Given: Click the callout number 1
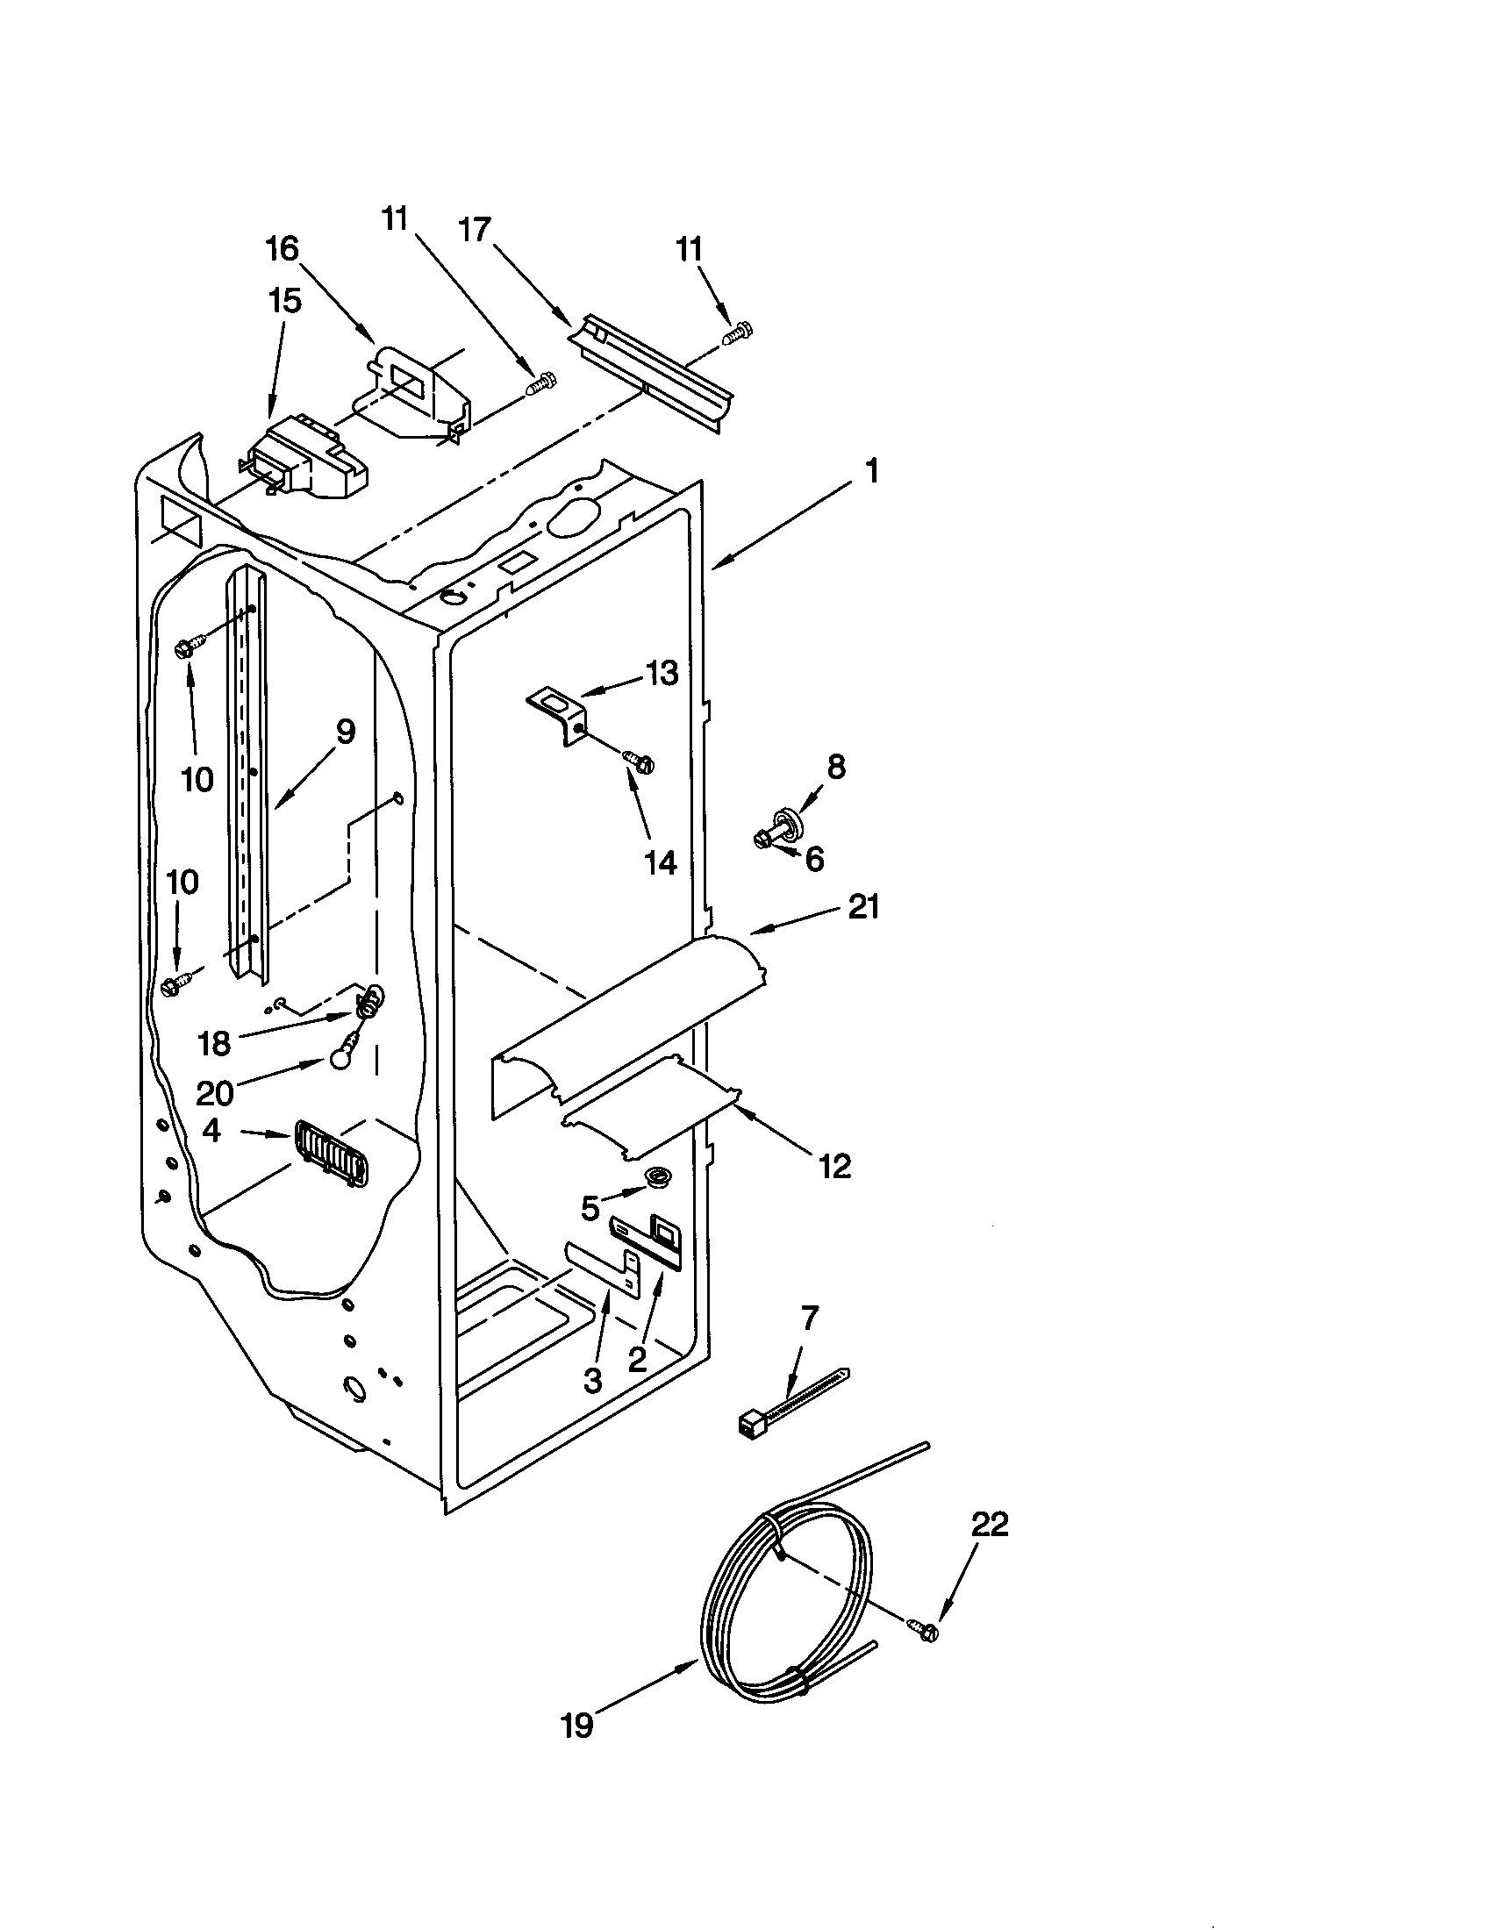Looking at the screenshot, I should pos(872,473).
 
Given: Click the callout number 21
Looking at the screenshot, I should pos(863,907).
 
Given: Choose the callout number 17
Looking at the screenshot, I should pos(475,230).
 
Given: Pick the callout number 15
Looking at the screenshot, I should pos(284,300).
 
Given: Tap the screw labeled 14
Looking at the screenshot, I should pos(639,760).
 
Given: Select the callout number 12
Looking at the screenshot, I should pos(834,1167).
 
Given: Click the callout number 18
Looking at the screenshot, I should pos(214,1044).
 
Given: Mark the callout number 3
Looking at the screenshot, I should pos(592,1380).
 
